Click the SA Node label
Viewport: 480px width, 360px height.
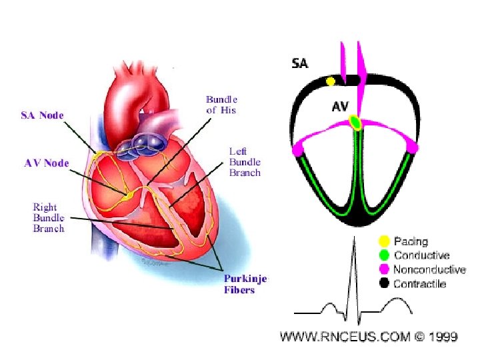point(41,115)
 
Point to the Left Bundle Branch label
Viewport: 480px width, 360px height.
point(245,162)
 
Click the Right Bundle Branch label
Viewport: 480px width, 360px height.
point(49,217)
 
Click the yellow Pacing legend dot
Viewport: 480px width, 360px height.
point(384,241)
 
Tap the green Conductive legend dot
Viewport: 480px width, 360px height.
point(384,255)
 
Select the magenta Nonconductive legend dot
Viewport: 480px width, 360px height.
point(384,269)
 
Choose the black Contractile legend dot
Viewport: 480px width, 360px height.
point(384,283)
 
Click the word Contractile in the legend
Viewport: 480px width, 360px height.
point(420,283)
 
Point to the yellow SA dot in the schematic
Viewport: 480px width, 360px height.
point(330,81)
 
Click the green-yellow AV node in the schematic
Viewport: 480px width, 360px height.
point(355,122)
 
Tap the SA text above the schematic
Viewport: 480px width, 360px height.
point(300,64)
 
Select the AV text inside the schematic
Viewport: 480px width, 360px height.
point(341,106)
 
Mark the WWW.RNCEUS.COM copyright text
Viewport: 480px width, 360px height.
point(369,337)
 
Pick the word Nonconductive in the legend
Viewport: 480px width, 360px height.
point(429,269)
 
